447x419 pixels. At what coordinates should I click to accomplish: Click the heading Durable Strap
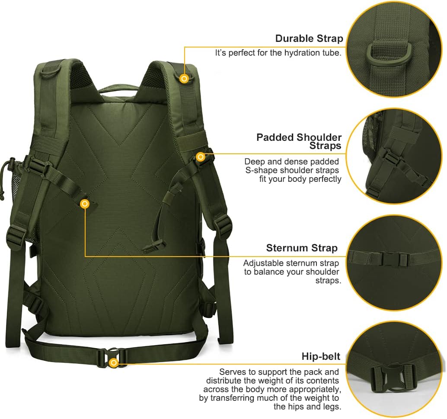coord(309,38)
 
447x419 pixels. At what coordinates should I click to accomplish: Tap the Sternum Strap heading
coord(302,248)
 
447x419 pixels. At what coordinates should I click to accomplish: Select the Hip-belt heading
coord(321,356)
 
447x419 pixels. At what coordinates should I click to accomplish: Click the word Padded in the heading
coord(275,137)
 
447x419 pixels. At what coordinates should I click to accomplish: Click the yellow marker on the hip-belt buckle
coord(114,363)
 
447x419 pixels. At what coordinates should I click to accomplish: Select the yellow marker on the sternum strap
coord(85,204)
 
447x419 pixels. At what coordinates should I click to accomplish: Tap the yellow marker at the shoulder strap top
coord(185,78)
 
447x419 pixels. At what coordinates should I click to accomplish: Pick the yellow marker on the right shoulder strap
coord(200,157)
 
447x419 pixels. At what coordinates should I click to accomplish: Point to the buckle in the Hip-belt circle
coord(395,375)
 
